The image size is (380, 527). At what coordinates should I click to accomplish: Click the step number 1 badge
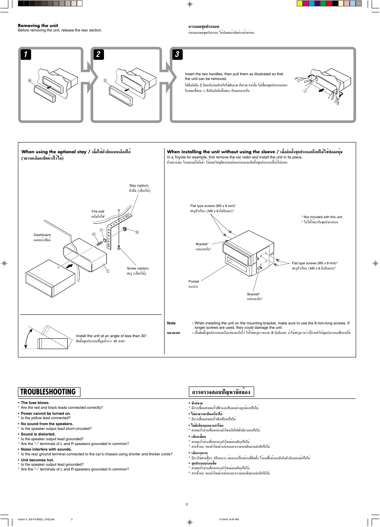25,54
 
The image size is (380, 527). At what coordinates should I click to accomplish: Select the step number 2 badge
98,54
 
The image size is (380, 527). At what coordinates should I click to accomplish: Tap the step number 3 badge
177,54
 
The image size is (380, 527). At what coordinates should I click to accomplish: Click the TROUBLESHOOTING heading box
49,392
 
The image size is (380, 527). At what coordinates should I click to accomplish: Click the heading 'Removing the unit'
38,25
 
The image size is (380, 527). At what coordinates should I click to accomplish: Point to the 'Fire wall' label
98,211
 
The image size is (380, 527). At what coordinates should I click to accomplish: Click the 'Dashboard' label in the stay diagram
42,235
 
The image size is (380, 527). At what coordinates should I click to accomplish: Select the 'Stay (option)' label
139,185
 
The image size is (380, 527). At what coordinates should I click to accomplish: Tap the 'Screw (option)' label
137,268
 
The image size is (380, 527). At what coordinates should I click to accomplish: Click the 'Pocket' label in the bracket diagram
194,281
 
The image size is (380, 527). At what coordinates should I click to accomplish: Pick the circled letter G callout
137,232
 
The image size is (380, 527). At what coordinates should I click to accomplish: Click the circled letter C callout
108,271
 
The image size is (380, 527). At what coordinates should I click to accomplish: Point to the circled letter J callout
305,91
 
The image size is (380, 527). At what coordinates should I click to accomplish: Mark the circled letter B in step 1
29,80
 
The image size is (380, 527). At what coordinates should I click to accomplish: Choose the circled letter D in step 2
105,80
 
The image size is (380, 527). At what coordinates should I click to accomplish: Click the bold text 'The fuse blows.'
35,403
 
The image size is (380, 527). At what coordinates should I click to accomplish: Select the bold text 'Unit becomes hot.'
37,460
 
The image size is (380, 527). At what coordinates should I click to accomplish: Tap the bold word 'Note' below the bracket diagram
171,323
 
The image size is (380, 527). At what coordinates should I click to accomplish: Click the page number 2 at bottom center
186,504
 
